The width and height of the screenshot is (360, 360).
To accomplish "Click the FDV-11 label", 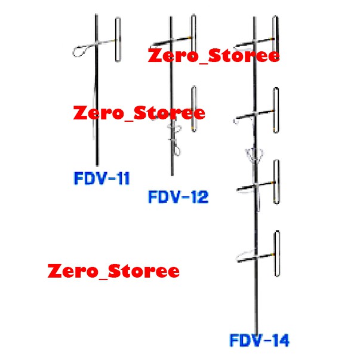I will pyautogui.click(x=102, y=178).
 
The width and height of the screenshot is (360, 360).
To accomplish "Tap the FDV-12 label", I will pyautogui.click(x=179, y=196).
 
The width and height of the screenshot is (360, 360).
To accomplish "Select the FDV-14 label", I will pyautogui.click(x=260, y=341).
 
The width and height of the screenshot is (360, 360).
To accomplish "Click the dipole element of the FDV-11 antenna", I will pyautogui.click(x=117, y=39).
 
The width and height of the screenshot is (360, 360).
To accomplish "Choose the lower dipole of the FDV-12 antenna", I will pyautogui.click(x=193, y=109).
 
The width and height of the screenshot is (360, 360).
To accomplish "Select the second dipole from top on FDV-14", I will pyautogui.click(x=276, y=110).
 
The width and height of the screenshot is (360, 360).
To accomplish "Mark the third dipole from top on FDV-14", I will pyautogui.click(x=276, y=182).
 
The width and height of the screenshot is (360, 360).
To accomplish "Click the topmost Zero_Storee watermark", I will pyautogui.click(x=213, y=57).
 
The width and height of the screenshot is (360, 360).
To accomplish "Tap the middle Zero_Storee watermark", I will pyautogui.click(x=139, y=113).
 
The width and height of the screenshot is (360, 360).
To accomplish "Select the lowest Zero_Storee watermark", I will pyautogui.click(x=113, y=271).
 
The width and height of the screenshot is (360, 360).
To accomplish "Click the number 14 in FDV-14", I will pyautogui.click(x=279, y=341).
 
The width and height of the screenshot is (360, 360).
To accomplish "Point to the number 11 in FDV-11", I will pyautogui.click(x=121, y=178).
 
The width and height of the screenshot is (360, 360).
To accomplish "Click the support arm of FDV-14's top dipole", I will pyautogui.click(x=263, y=42).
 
